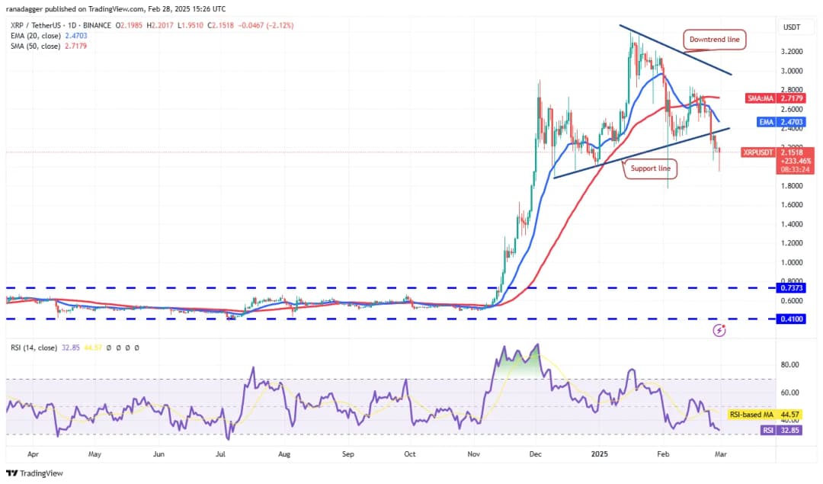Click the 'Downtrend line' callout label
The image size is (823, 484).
(714, 39)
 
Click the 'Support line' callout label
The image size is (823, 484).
(650, 168)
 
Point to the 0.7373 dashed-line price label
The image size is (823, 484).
(789, 288)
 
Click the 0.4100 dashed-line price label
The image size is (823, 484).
(789, 319)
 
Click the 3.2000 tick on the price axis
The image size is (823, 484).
(792, 52)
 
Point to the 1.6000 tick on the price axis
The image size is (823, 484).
(792, 205)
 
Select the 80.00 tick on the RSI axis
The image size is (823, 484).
(790, 364)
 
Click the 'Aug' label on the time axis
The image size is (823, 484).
(283, 454)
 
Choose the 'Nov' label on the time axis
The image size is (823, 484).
(474, 454)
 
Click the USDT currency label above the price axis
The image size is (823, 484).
(792, 27)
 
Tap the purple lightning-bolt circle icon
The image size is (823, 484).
(719, 331)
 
